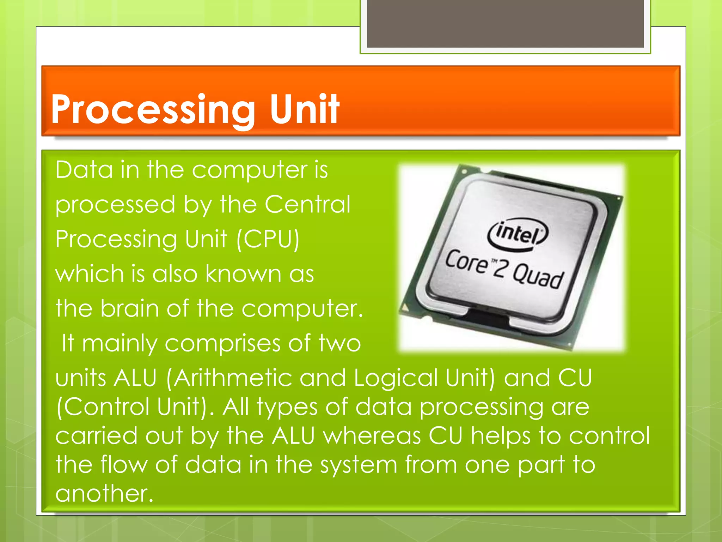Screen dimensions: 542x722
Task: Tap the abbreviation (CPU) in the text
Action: (268, 239)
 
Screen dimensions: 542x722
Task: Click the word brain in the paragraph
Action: (129, 308)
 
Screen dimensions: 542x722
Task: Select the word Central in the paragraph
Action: (307, 204)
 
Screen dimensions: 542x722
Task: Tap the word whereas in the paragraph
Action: (372, 435)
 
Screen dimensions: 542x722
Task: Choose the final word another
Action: (104, 493)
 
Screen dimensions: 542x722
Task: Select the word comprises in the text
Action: (222, 343)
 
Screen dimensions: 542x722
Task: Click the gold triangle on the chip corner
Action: (406, 308)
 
